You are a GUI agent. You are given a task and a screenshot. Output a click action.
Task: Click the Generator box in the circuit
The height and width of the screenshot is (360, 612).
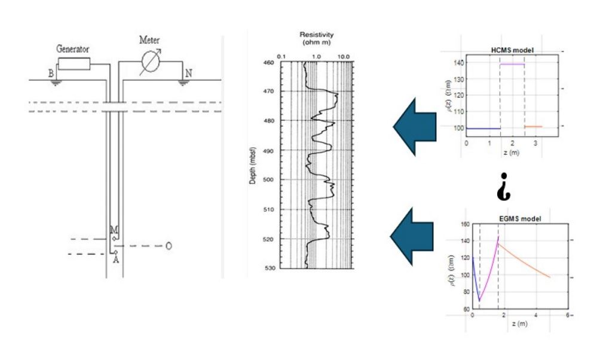point(74,63)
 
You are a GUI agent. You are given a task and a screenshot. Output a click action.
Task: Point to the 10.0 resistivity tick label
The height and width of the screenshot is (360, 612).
point(344,55)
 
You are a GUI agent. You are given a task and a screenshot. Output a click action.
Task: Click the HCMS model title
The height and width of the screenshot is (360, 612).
point(511,48)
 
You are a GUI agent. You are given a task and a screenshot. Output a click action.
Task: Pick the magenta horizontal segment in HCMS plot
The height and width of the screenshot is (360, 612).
point(512,64)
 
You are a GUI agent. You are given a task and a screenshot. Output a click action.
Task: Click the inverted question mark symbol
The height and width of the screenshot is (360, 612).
point(503,187)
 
